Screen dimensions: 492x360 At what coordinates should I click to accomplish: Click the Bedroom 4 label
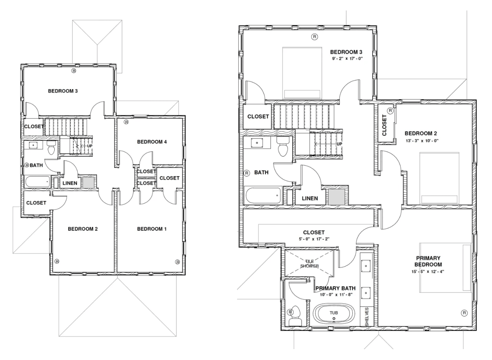point(152,142)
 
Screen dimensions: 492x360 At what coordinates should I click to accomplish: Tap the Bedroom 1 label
point(152,229)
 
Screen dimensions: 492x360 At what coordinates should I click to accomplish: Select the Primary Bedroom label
point(428,261)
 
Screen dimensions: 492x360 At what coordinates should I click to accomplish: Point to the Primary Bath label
point(335,288)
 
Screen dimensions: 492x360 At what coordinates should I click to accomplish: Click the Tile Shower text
point(310,263)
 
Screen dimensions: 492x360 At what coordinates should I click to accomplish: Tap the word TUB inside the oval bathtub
point(334,313)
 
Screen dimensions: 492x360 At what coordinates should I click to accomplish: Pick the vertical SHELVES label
point(367,317)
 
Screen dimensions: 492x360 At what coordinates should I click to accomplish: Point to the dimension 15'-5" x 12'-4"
point(428,272)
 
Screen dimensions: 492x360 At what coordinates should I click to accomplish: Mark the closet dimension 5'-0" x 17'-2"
point(314,239)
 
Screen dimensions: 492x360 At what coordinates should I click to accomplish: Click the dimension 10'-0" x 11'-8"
point(336,295)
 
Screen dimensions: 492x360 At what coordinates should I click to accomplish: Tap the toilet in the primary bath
point(295,316)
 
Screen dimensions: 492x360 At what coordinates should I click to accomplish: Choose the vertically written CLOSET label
point(384,125)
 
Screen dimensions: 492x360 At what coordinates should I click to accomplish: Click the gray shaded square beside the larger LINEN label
point(336,197)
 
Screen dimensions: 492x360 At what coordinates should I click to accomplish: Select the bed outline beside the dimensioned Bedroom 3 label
point(302,73)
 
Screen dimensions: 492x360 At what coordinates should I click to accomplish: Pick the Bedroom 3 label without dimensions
point(63,91)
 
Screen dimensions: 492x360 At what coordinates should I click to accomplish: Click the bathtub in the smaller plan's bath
point(37,182)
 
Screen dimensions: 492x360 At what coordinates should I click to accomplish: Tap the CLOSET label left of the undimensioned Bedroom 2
point(36,203)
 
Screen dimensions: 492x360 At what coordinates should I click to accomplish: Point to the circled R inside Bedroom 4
point(126,122)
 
